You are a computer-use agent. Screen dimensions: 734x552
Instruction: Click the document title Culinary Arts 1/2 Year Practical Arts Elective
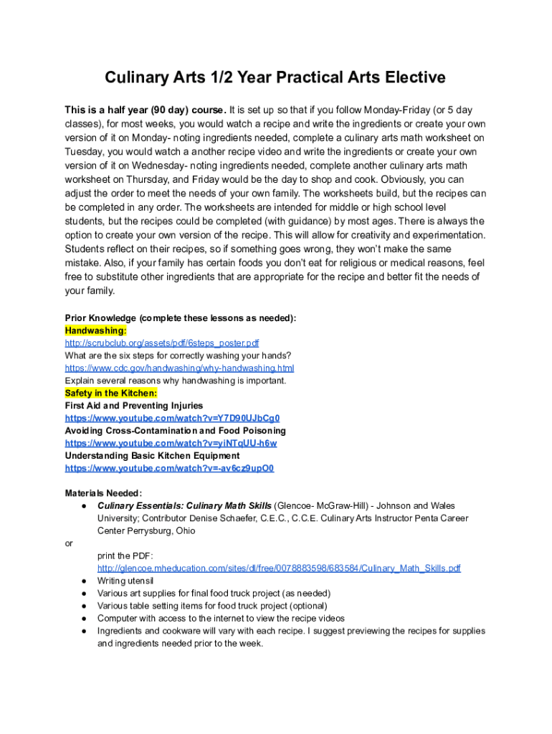click(275, 77)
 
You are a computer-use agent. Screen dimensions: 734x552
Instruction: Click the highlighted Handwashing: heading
click(96, 330)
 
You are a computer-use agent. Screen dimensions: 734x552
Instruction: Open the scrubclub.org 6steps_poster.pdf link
click(162, 343)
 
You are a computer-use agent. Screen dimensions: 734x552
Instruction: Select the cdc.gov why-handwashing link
click(179, 368)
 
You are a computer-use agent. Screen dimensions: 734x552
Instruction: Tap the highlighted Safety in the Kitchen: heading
click(111, 394)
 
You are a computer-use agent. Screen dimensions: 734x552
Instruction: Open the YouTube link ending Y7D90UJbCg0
click(172, 419)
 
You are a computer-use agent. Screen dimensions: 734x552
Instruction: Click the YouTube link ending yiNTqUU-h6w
click(171, 444)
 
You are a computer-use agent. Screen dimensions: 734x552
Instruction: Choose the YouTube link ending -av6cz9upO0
click(169, 469)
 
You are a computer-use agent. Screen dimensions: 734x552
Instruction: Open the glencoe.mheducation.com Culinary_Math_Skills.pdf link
click(279, 568)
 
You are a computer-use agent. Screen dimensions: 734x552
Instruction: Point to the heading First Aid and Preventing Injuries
click(134, 406)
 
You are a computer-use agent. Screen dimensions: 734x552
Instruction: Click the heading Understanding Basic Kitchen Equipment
click(153, 456)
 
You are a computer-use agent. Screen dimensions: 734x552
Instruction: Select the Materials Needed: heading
click(104, 493)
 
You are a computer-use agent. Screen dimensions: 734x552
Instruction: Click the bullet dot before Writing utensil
click(84, 581)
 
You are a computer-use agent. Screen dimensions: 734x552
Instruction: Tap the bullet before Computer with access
click(84, 619)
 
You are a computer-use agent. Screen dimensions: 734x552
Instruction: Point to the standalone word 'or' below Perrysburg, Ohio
click(69, 543)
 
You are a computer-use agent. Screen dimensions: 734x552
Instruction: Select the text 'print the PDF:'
click(125, 556)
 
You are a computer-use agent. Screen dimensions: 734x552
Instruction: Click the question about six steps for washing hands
click(178, 356)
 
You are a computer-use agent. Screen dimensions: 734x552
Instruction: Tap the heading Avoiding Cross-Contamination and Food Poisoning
click(176, 431)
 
